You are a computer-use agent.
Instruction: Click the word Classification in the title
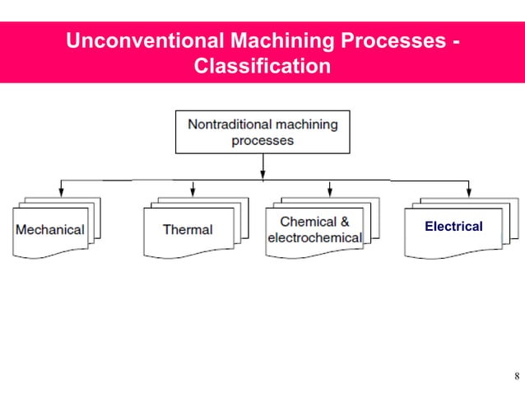[262, 65]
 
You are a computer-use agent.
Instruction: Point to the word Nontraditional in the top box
[229, 124]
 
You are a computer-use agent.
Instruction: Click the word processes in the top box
[262, 140]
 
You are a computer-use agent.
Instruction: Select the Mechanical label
[50, 229]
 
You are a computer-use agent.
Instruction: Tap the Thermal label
[188, 229]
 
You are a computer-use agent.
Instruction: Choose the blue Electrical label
[453, 226]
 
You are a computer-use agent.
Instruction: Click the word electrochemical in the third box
[315, 237]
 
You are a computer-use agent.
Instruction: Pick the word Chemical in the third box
[307, 222]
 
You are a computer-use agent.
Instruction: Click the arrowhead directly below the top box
[262, 174]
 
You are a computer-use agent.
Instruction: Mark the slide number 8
[515, 378]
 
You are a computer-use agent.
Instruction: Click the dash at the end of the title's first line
[455, 42]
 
